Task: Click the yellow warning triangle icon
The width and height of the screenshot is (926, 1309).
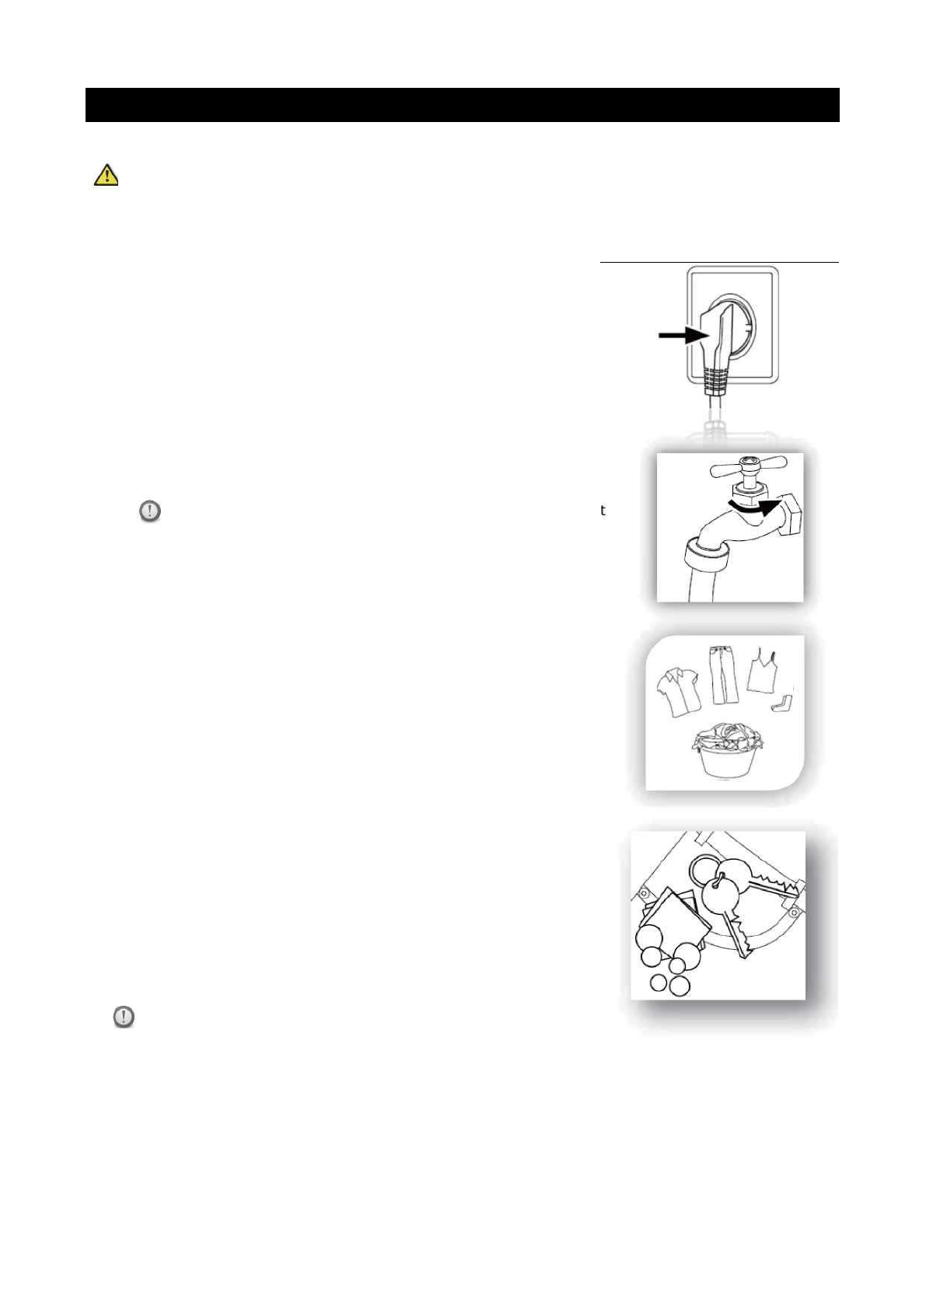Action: [107, 176]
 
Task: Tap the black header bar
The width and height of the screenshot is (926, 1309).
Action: [462, 105]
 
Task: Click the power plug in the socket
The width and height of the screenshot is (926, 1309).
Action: [720, 334]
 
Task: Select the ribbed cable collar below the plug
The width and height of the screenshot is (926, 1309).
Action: [716, 382]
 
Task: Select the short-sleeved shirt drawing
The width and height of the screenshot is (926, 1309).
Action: [679, 692]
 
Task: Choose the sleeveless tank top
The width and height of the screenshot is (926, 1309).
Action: [762, 672]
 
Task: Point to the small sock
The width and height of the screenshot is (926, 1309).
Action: [783, 703]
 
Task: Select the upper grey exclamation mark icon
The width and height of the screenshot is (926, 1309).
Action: [150, 511]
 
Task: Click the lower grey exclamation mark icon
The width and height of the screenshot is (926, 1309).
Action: [124, 1017]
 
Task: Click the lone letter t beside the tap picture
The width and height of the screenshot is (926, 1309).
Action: [603, 511]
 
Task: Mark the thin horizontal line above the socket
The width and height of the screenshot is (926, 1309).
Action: [719, 263]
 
